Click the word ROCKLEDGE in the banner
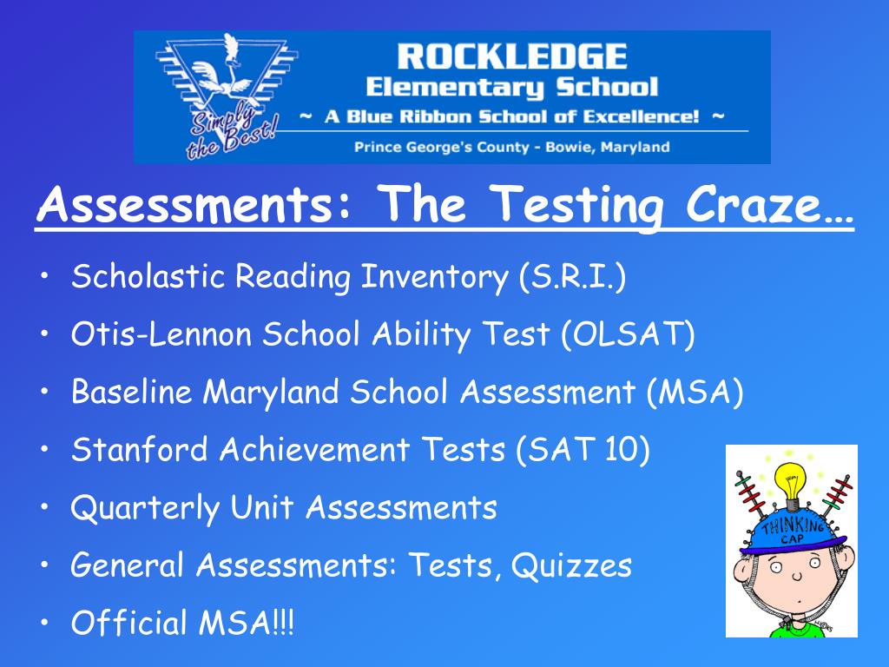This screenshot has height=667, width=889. click(512, 56)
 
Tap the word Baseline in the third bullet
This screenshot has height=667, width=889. click(132, 392)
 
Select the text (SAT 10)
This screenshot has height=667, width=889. click(583, 449)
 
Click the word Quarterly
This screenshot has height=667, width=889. click(145, 508)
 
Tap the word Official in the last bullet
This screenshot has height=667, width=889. click(128, 622)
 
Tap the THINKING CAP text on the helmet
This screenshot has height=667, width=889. click(792, 531)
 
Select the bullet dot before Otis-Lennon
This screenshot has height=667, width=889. click(45, 334)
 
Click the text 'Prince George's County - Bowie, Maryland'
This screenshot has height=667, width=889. click(512, 148)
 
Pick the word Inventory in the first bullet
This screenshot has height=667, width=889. click(434, 276)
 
